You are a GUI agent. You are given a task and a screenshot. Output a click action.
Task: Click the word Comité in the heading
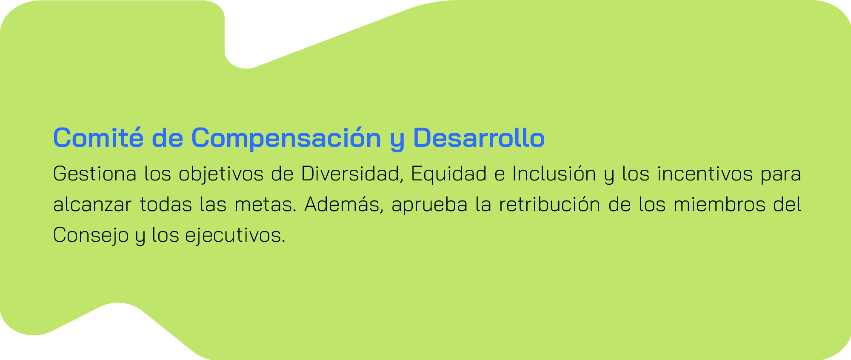(98, 137)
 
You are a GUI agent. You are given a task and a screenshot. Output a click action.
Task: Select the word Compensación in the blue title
(286, 138)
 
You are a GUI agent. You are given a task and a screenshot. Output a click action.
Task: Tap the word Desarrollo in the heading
(479, 137)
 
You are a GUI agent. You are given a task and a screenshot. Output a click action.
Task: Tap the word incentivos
(705, 174)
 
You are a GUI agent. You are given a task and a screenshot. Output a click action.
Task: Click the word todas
(166, 205)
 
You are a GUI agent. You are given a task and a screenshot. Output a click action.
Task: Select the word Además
(345, 205)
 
